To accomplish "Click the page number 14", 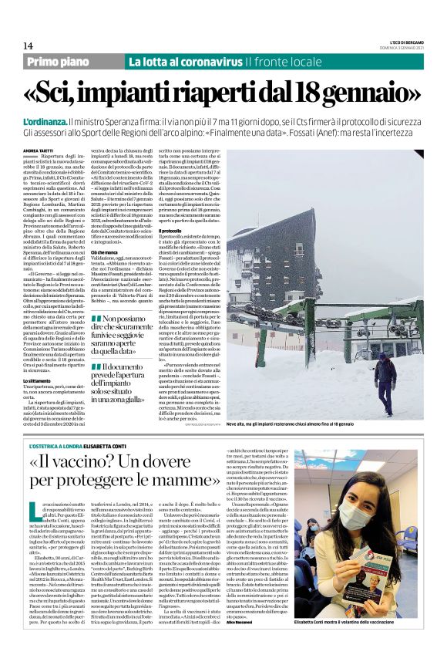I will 28,46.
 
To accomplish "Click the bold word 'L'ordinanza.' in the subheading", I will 45,123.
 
